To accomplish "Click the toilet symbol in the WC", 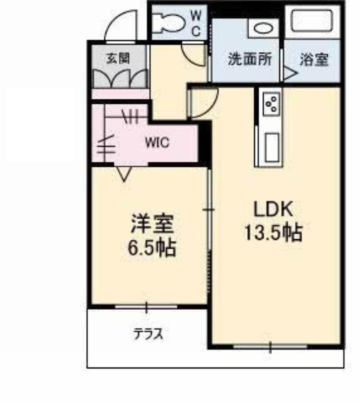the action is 169,23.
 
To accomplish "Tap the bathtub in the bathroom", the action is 313,21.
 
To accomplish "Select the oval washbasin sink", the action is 263,28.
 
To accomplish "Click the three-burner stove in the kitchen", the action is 271,103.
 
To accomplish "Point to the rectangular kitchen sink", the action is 272,148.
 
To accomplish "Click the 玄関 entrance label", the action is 118,58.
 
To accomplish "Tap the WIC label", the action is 157,142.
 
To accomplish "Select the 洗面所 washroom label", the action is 250,59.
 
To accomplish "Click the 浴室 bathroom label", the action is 314,59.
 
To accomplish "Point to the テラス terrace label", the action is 148,334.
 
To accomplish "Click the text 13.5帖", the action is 273,233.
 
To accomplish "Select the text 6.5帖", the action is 152,248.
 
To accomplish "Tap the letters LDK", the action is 273,209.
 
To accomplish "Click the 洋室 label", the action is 152,223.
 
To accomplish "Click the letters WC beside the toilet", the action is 196,24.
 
